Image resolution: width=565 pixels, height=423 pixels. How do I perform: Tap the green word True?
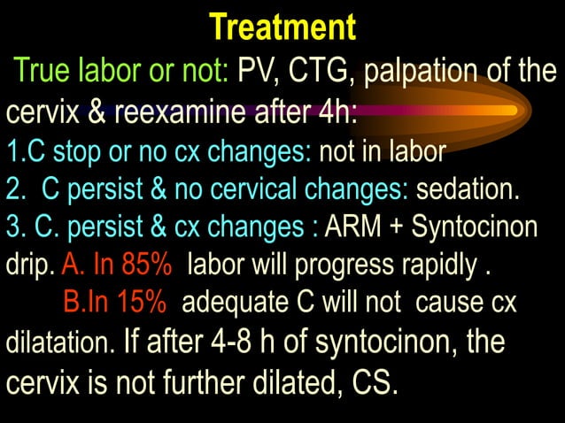tap(45, 71)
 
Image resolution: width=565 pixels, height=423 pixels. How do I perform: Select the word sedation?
tap(468, 189)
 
